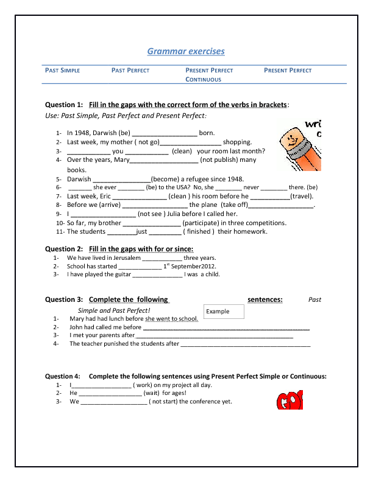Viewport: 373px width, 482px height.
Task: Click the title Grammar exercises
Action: [186, 51]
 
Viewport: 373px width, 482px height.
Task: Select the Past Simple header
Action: [63, 71]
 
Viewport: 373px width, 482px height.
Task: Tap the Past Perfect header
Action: [130, 71]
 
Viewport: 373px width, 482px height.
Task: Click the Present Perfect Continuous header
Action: [209, 75]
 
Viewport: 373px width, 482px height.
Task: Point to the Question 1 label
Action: [64, 105]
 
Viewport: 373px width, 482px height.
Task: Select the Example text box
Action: [224, 312]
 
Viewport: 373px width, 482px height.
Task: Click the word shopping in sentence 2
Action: [237, 142]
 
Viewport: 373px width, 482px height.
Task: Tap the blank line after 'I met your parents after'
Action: [213, 335]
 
